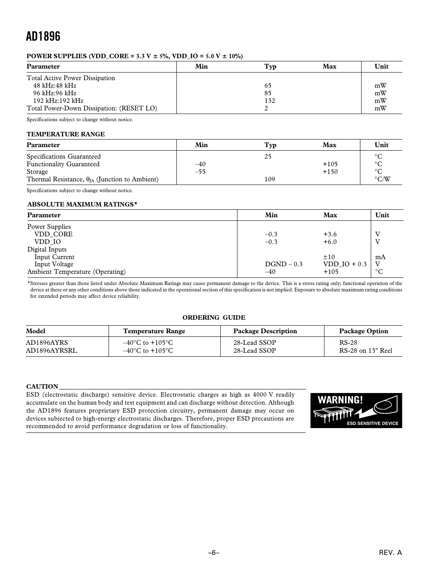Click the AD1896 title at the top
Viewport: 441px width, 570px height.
click(43, 37)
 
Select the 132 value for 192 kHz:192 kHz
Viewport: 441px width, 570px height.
click(270, 101)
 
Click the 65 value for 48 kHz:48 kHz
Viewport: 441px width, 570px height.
click(268, 86)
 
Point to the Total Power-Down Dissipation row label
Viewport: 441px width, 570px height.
click(92, 108)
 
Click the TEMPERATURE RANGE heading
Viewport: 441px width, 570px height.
click(65, 134)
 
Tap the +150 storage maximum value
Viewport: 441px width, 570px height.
click(330, 172)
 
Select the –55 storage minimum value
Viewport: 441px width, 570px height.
click(200, 172)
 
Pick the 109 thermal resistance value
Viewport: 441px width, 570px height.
click(270, 179)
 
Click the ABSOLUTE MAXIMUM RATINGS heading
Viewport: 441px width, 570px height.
click(82, 204)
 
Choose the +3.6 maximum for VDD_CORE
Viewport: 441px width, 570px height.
click(330, 234)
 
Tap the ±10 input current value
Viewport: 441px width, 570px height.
click(329, 257)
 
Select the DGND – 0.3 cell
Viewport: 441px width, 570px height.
click(284, 264)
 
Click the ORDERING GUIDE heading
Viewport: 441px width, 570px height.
click(214, 318)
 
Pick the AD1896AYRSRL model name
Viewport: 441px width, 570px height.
click(51, 351)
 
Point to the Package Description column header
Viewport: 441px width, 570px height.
click(265, 331)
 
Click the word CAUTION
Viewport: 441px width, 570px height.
click(42, 387)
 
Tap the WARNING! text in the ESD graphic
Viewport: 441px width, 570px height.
click(340, 400)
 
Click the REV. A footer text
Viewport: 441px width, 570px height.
click(390, 553)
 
